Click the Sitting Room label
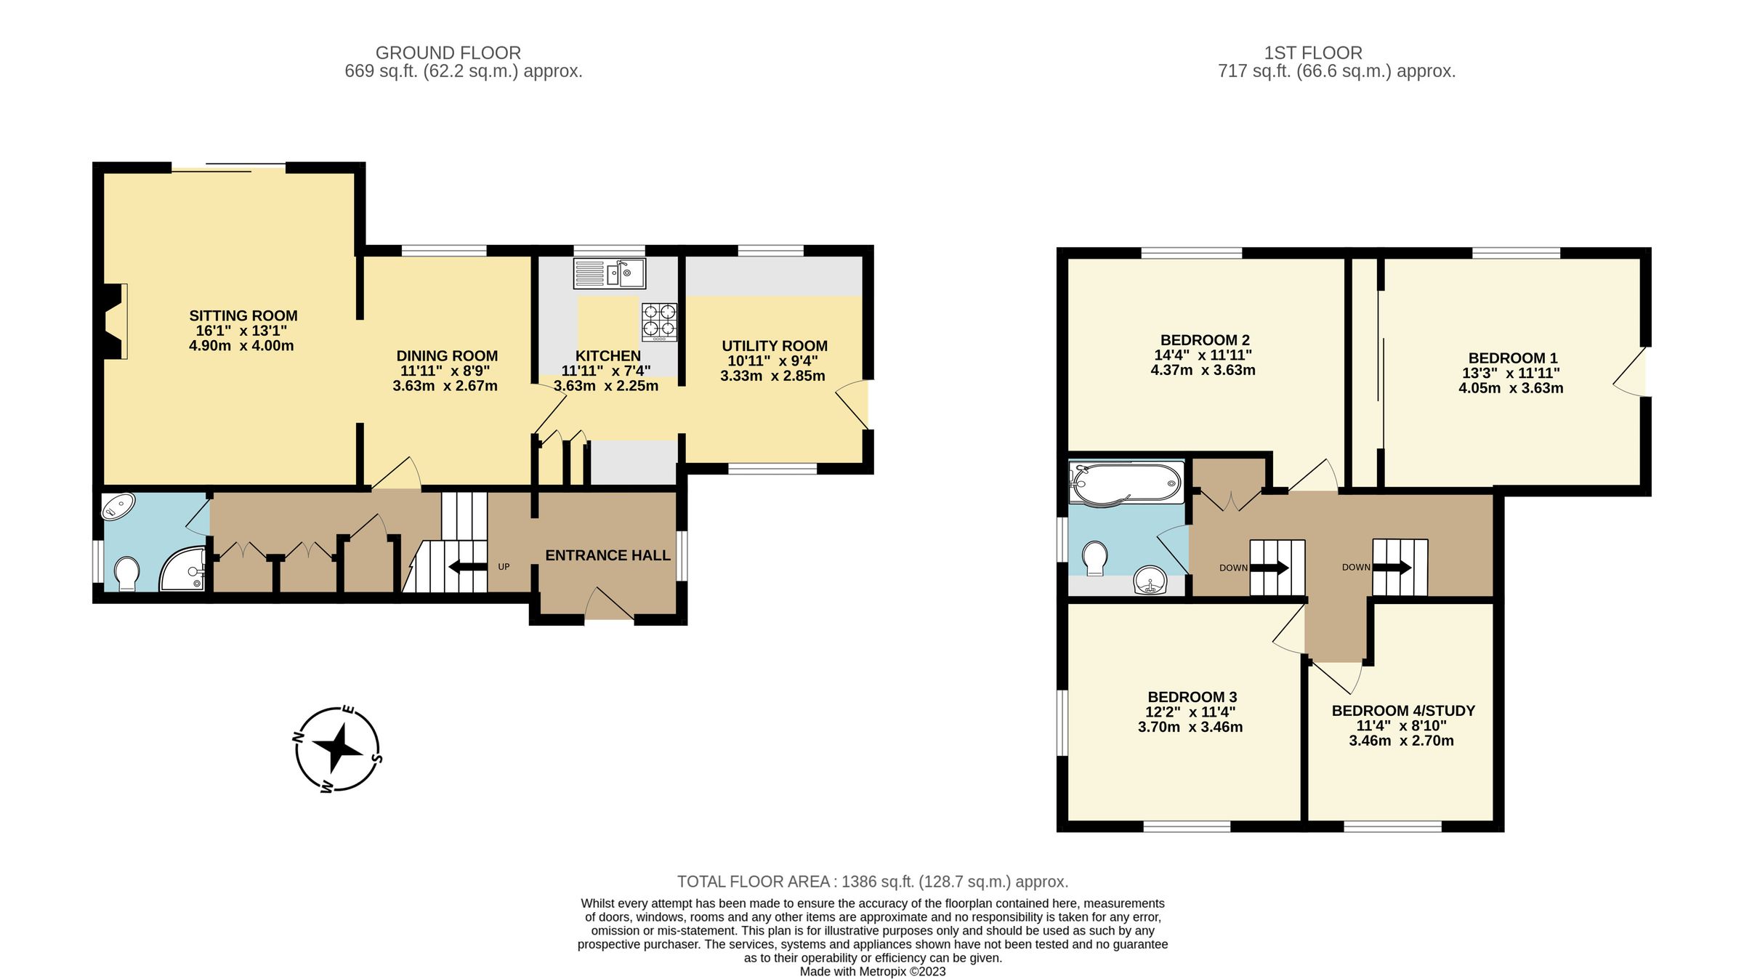(x=243, y=315)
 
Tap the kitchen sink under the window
(x=609, y=274)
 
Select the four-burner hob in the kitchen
(x=659, y=322)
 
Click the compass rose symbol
(x=337, y=749)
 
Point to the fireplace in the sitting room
(x=114, y=321)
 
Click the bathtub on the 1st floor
(x=1126, y=483)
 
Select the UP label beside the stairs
(x=504, y=567)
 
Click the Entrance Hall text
(x=607, y=555)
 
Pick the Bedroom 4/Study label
(x=1403, y=711)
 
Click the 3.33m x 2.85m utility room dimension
(x=772, y=376)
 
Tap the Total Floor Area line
(x=872, y=882)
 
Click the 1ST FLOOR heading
(x=1312, y=53)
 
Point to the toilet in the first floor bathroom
(x=1094, y=558)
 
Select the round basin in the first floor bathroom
(x=1150, y=581)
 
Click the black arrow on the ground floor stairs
(x=468, y=567)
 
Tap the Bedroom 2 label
(x=1204, y=340)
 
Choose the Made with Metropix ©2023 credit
(x=872, y=972)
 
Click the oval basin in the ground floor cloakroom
(x=118, y=506)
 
